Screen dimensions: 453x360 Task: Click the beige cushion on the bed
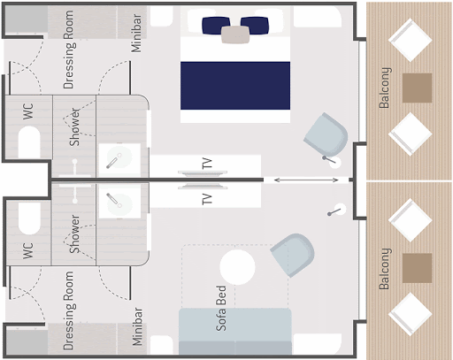pyautogui.click(x=235, y=34)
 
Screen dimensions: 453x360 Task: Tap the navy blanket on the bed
pyautogui.click(x=235, y=86)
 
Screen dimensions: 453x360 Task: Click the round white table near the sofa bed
pyautogui.click(x=237, y=267)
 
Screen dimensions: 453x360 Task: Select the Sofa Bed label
pyautogui.click(x=221, y=308)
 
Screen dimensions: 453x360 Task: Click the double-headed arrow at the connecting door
pyautogui.click(x=306, y=180)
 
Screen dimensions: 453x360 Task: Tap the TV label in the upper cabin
pyautogui.click(x=207, y=163)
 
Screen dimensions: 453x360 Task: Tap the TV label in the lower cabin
pyautogui.click(x=207, y=199)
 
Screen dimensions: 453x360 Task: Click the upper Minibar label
pyautogui.click(x=136, y=33)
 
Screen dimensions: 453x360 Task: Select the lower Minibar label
pyautogui.click(x=137, y=326)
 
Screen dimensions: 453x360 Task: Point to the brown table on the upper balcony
pyautogui.click(x=417, y=88)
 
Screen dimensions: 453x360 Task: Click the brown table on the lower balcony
pyautogui.click(x=417, y=268)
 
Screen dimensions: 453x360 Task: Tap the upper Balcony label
pyautogui.click(x=385, y=88)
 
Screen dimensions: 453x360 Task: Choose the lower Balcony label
pyautogui.click(x=385, y=269)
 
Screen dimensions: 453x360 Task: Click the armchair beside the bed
pyautogui.click(x=326, y=135)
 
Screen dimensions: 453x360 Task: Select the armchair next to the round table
pyautogui.click(x=293, y=255)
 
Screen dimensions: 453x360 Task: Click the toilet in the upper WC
pyautogui.click(x=29, y=142)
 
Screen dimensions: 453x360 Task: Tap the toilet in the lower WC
pyautogui.click(x=29, y=218)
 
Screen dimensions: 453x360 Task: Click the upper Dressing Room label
pyautogui.click(x=69, y=50)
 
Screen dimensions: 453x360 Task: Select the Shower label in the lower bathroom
pyautogui.click(x=74, y=234)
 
